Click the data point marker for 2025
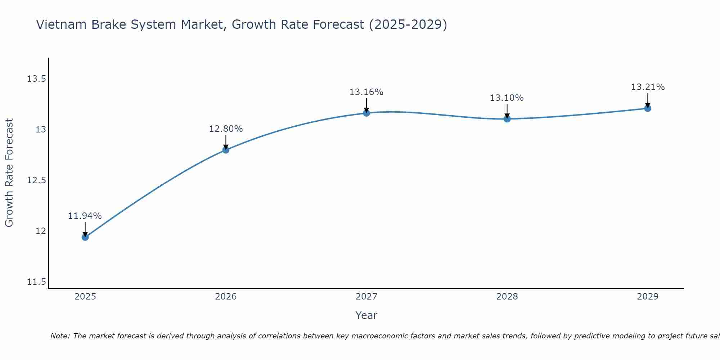[85, 237]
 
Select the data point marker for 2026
[226, 150]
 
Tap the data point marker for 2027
[366, 113]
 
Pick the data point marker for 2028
[507, 119]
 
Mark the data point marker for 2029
[648, 108]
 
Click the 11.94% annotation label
[85, 216]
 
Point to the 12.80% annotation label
[226, 129]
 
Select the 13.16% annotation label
[366, 92]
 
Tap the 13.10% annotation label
[507, 98]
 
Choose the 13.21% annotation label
[648, 87]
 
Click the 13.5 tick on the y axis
[36, 79]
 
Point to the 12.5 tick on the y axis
[36, 180]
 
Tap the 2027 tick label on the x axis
[366, 297]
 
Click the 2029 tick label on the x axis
[648, 297]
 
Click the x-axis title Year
[366, 315]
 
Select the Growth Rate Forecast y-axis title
[9, 173]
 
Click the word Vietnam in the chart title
[61, 24]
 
